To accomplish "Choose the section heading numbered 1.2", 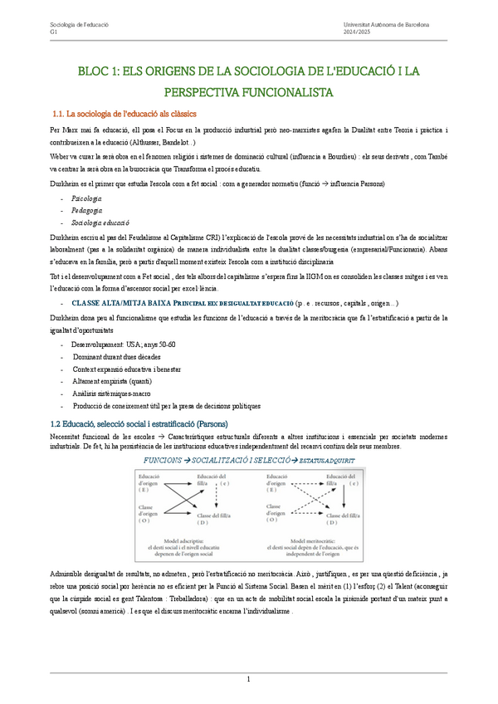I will click(x=139, y=423).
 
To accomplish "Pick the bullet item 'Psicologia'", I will click(x=87, y=199).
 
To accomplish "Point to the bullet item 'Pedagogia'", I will click(x=87, y=211).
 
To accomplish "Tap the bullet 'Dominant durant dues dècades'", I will click(x=121, y=356).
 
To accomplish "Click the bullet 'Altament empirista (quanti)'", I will click(x=118, y=381).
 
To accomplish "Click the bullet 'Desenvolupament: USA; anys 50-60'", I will click(x=124, y=344).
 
